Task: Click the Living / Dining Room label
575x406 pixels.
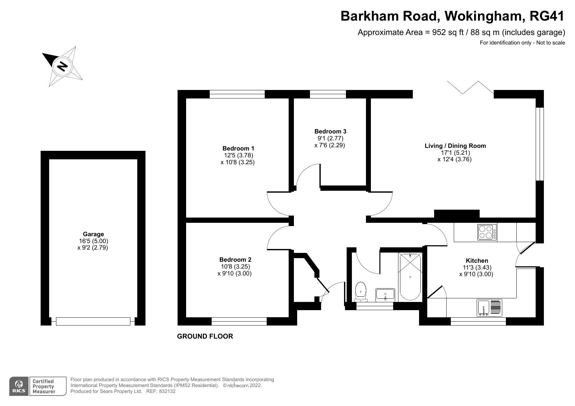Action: (455, 146)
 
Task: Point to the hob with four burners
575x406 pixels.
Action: (487, 232)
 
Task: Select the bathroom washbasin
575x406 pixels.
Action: (386, 294)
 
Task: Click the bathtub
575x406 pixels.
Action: (410, 276)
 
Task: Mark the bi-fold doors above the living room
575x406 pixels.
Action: (470, 88)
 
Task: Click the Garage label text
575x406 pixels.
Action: (93, 234)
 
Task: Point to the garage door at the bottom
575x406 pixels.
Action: (93, 321)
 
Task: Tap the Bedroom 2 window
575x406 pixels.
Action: (239, 321)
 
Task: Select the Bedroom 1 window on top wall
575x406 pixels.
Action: (237, 94)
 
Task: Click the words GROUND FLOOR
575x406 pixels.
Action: (205, 336)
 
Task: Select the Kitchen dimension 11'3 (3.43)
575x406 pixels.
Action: (477, 268)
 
